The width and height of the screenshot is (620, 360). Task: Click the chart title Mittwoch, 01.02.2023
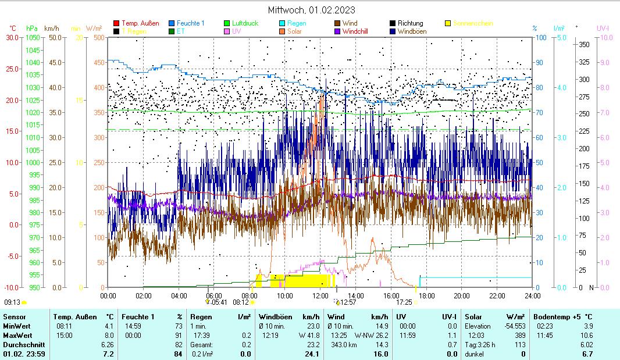pyautogui.click(x=311, y=10)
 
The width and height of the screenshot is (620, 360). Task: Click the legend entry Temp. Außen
pyautogui.click(x=140, y=23)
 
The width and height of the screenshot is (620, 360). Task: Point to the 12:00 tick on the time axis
pyautogui.click(x=320, y=295)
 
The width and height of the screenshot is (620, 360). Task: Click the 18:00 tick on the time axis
pyautogui.click(x=426, y=295)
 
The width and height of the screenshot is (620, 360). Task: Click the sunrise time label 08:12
pyautogui.click(x=241, y=302)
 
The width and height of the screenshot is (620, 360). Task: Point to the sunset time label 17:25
pyautogui.click(x=404, y=302)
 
